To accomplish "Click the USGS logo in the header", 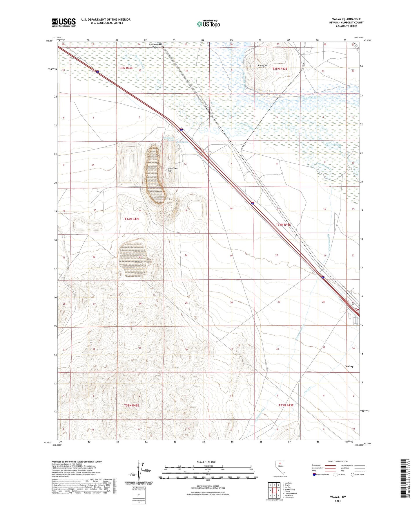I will click(64, 22).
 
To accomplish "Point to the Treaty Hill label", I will click(263, 66).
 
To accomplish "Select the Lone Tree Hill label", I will click(173, 170).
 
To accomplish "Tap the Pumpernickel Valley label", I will click(155, 46).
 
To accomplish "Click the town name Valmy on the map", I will click(349, 366).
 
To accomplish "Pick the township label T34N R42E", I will click(132, 219).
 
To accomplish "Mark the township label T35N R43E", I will click(280, 69).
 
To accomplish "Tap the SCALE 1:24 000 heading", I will click(206, 462).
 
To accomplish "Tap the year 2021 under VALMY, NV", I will click(338, 501).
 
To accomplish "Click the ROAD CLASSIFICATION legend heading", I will click(338, 461).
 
